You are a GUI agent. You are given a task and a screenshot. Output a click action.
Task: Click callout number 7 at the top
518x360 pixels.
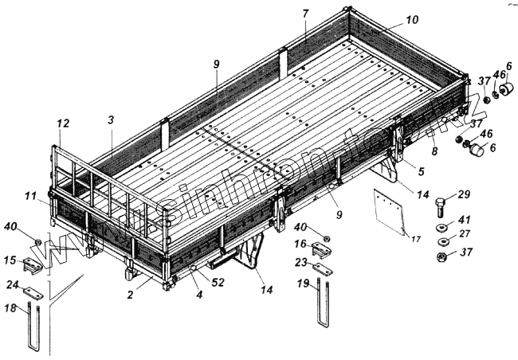[305, 14]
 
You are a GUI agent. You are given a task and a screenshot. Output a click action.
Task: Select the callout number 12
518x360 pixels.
[63, 123]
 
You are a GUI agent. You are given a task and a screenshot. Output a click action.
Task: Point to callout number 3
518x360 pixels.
[112, 119]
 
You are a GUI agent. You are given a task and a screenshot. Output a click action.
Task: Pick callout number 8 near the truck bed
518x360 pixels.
[434, 150]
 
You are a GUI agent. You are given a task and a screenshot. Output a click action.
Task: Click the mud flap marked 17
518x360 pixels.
[390, 211]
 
